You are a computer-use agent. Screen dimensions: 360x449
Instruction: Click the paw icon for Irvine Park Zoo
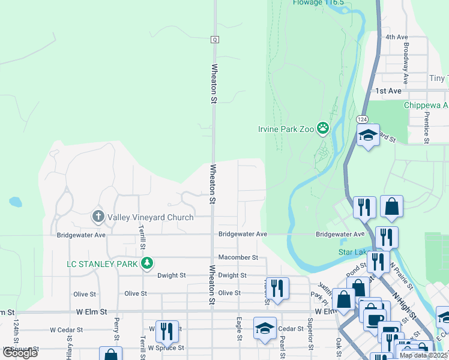point(324,127)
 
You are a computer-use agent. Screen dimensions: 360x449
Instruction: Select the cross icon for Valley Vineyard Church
point(98,216)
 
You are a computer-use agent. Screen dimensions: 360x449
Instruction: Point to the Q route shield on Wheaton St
point(214,40)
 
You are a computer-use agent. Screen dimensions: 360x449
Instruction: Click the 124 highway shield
point(362,119)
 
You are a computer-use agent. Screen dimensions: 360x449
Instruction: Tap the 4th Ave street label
point(397,37)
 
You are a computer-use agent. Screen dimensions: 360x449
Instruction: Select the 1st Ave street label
point(388,91)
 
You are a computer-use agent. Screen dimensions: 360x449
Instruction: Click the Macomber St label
point(238,257)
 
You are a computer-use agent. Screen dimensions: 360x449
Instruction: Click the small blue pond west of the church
point(15,202)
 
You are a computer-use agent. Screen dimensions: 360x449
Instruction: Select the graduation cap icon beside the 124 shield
point(369,136)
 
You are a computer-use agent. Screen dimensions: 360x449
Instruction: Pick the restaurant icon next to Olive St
point(277,287)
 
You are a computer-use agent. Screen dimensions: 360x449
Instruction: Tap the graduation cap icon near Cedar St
point(264,328)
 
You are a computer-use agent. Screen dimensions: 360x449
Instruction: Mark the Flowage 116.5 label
point(318,3)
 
